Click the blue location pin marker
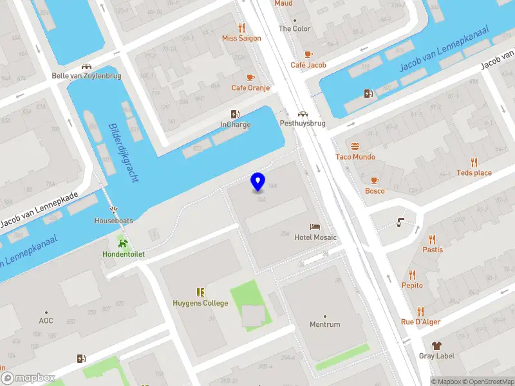258,182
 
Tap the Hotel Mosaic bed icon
315,227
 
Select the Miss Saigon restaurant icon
242,28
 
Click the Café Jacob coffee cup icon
308,55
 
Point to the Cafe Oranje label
250,87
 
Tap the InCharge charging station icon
236,114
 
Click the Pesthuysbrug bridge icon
302,113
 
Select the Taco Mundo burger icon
355,146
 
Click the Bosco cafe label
375,190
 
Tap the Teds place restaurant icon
474,162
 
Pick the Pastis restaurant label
432,250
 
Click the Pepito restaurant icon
413,275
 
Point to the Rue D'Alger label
420,322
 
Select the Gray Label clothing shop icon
436,345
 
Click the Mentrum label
324,324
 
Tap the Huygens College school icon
200,292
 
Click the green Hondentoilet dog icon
123,243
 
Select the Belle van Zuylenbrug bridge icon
86,66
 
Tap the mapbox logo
28,378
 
